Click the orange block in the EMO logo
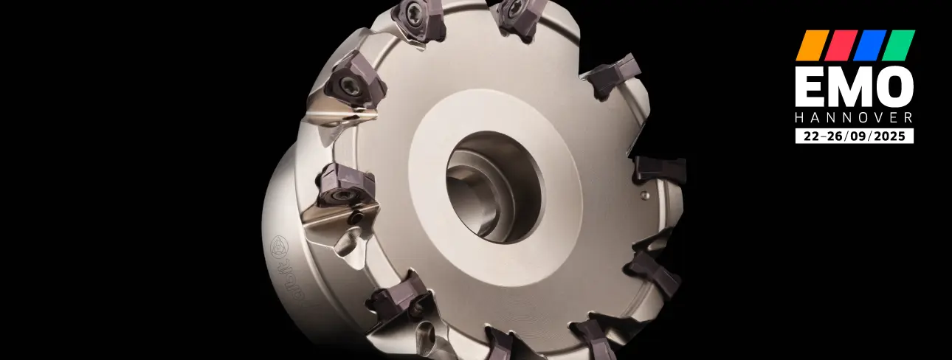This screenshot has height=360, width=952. click(813, 45)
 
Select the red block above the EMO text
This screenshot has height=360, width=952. click(841, 45)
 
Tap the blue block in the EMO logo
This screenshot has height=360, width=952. click(869, 45)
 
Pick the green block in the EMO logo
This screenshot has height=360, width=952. click(898, 45)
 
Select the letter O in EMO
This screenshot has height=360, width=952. click(892, 88)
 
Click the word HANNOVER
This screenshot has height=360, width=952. click(855, 118)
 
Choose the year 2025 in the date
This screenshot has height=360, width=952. click(890, 136)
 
